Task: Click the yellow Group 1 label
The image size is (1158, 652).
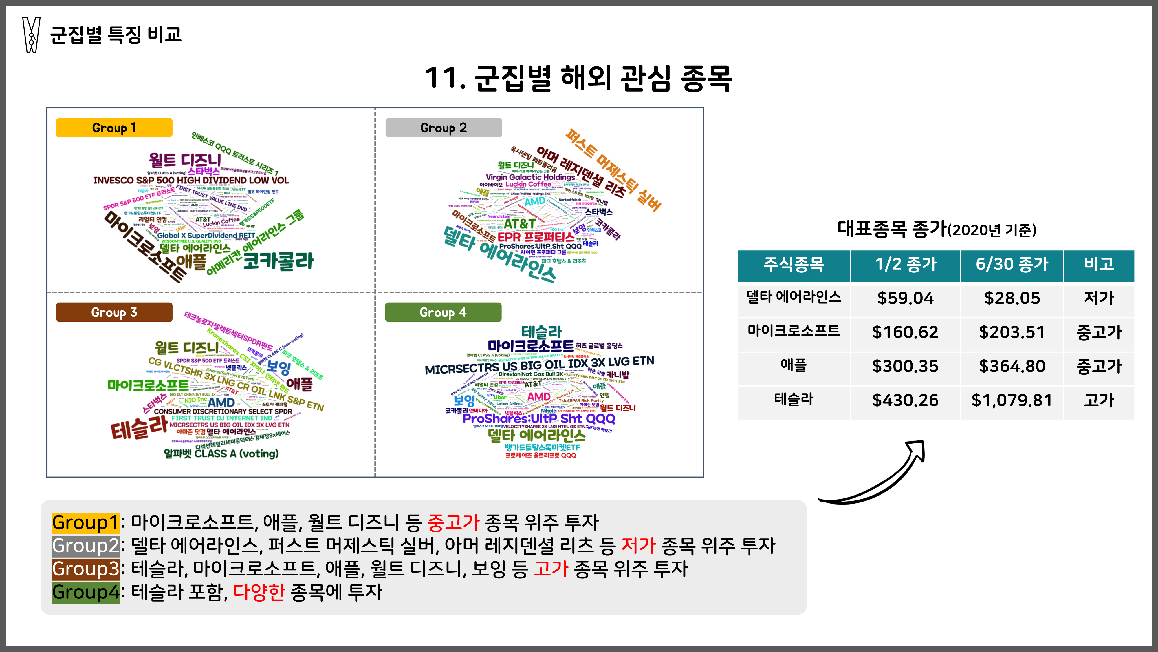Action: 114,128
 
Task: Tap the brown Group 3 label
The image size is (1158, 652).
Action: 114,312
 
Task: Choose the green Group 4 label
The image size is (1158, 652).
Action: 443,312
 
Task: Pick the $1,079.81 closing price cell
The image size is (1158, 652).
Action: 1012,400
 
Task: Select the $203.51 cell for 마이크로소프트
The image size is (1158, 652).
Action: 1012,332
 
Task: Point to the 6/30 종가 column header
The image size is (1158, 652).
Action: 1012,264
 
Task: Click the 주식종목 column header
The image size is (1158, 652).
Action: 794,264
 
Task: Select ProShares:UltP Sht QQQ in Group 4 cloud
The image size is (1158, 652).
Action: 538,419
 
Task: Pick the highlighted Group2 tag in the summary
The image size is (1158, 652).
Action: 85,546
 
